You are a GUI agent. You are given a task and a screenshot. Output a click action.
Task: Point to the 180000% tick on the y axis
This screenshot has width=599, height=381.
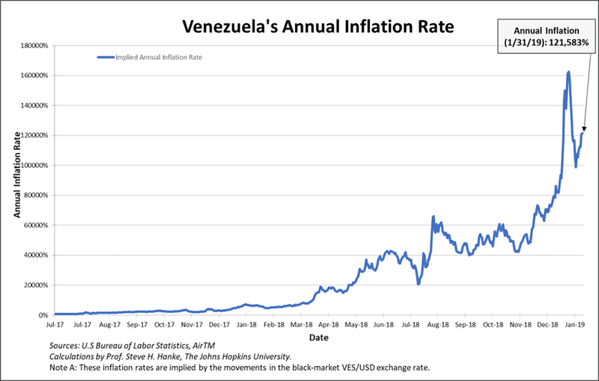coord(33,46)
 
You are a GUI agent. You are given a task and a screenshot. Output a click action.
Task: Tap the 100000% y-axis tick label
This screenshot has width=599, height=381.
coord(33,165)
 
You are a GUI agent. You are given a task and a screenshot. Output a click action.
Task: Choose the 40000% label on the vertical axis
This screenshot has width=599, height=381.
coord(34,255)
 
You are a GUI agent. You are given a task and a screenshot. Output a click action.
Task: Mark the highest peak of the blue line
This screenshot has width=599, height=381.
coord(568,73)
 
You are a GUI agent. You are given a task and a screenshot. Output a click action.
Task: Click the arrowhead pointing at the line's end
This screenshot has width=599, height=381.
coord(583,132)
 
